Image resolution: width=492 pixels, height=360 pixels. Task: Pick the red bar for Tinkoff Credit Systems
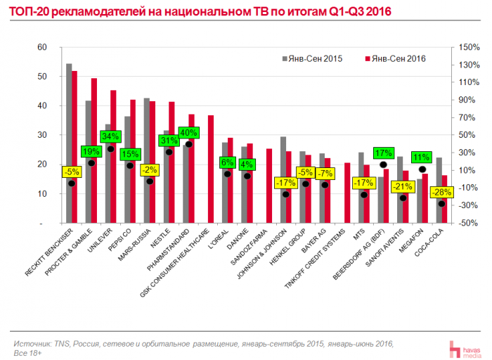pyautogui.click(x=347, y=193)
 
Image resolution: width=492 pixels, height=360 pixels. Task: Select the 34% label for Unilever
pyautogui.click(x=110, y=136)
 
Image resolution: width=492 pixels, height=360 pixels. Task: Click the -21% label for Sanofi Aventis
pyautogui.click(x=403, y=186)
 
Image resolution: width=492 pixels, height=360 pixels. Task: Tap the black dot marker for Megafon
pyautogui.click(x=422, y=169)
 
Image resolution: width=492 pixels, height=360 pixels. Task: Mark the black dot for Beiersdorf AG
pyautogui.click(x=383, y=165)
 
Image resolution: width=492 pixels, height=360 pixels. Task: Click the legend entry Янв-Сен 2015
pyautogui.click(x=312, y=58)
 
